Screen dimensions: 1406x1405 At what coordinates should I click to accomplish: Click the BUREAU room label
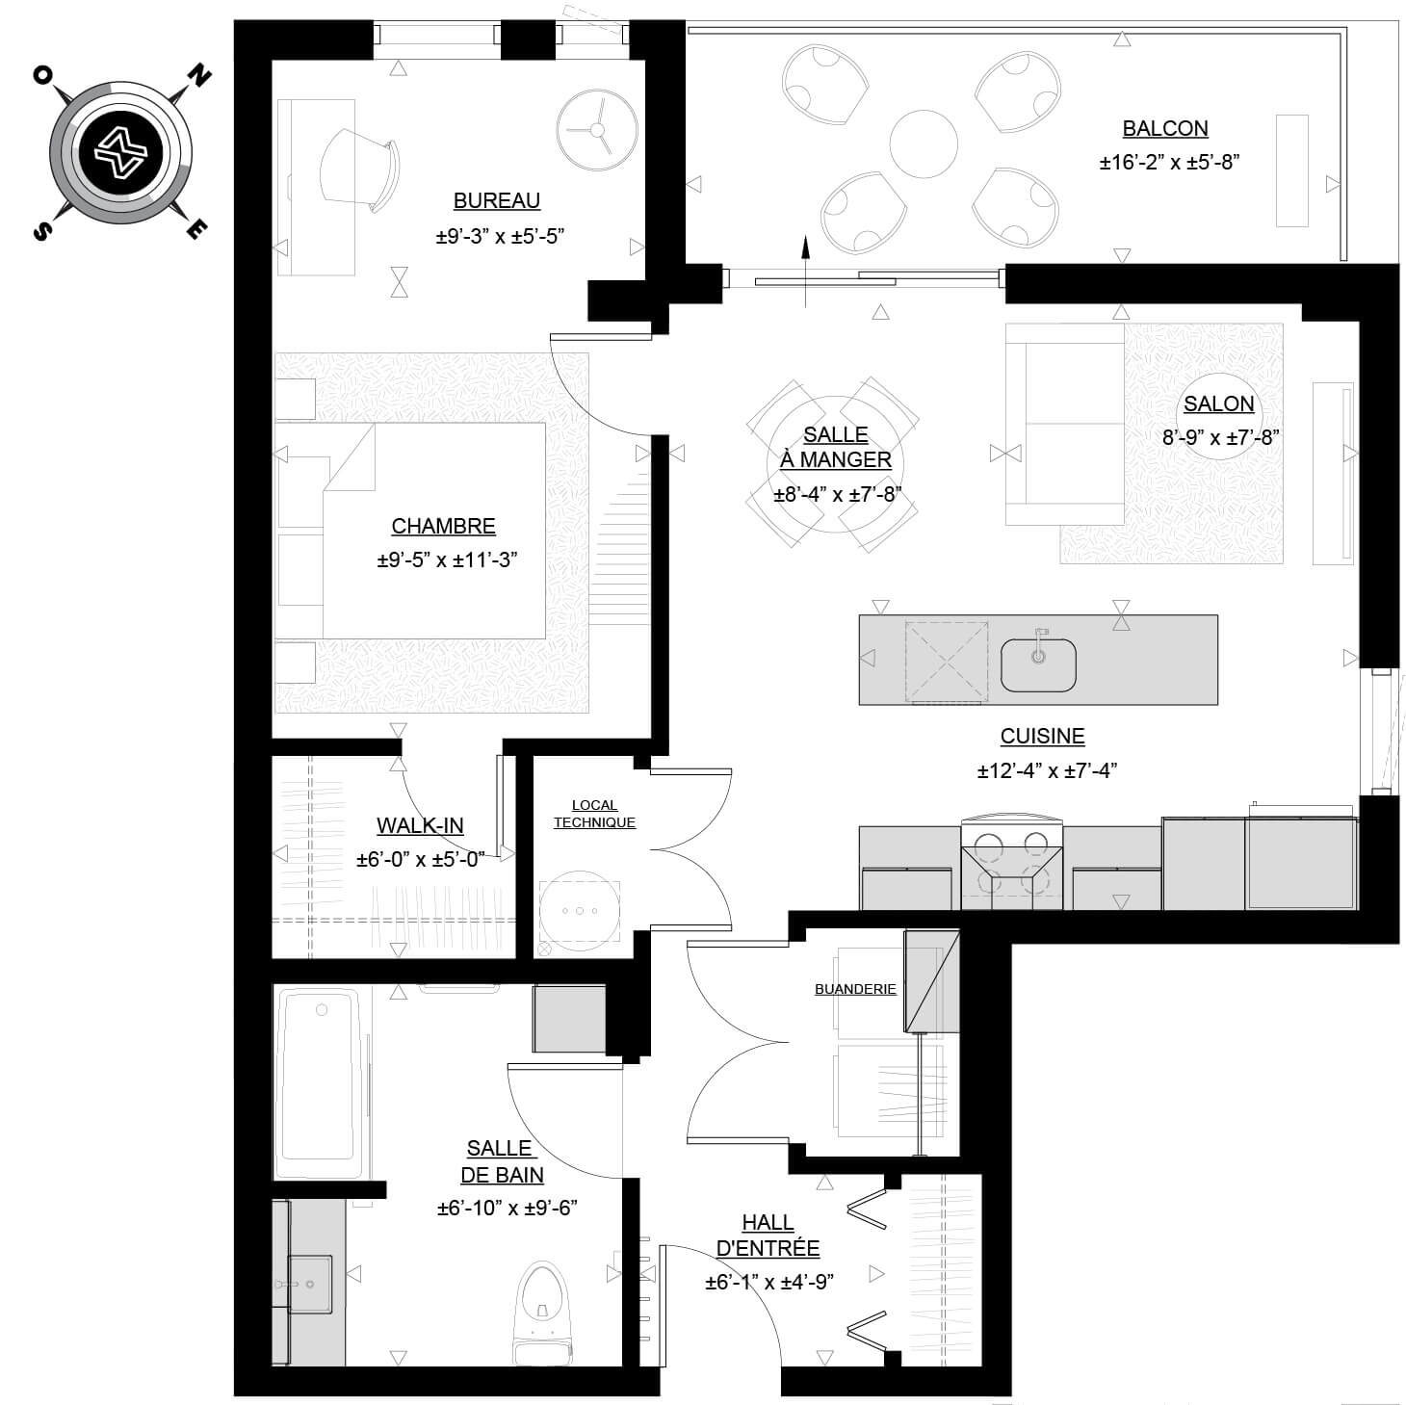pos(496,200)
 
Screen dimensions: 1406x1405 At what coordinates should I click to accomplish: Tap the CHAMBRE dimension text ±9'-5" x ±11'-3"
pos(447,559)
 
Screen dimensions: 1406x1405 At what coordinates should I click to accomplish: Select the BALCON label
pos(1164,128)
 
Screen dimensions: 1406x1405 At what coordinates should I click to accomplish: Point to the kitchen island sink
pos(1037,664)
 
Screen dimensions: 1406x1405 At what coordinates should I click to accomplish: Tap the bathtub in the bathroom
pos(321,1084)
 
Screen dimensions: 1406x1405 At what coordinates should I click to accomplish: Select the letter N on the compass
pos(199,76)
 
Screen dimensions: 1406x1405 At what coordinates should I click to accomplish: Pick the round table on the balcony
pos(923,143)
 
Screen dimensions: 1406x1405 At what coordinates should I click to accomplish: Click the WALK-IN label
pos(420,825)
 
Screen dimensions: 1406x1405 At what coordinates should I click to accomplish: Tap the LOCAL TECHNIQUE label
pos(594,813)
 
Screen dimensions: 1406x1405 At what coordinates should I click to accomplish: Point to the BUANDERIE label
pos(855,989)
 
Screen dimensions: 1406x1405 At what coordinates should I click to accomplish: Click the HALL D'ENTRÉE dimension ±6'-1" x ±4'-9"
pos(769,1283)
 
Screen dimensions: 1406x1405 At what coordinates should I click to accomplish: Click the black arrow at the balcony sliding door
pos(805,271)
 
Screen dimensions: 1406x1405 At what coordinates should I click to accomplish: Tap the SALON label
pos(1218,403)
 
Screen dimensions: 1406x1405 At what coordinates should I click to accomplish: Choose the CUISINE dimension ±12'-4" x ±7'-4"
pos(1047,770)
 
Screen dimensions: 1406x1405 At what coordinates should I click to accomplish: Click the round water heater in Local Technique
pos(580,911)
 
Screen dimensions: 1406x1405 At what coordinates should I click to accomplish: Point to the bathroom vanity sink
pos(309,1285)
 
